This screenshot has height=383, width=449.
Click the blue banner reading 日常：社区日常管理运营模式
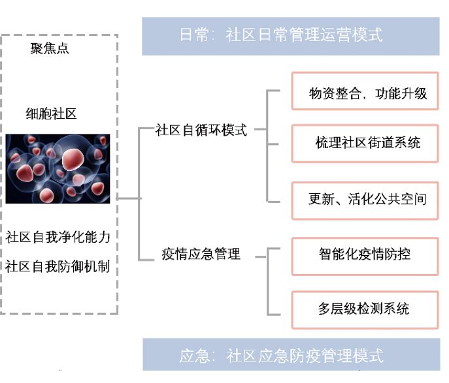[x=291, y=35]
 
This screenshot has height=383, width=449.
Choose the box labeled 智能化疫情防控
[x=365, y=254]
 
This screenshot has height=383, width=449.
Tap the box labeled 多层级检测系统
[x=365, y=309]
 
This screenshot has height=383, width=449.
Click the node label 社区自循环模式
[x=201, y=130]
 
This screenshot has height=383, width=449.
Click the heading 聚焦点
[x=50, y=48]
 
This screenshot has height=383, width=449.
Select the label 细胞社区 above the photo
[x=51, y=114]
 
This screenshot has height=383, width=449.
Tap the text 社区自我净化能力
[x=58, y=237]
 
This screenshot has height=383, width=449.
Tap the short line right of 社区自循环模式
[x=260, y=129]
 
